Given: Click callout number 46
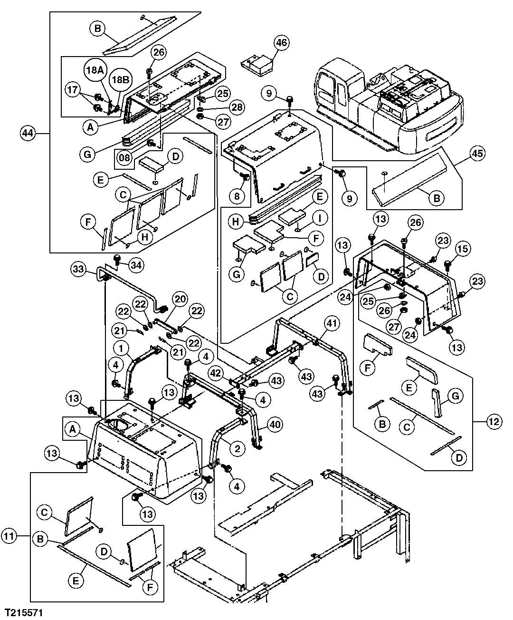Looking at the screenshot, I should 282,43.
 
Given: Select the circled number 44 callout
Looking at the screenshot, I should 28,134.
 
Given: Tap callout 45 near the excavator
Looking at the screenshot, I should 478,154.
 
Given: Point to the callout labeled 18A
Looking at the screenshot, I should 94,69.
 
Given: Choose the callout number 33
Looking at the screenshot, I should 78,269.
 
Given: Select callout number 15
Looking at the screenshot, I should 464,248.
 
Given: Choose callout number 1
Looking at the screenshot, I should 124,349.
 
